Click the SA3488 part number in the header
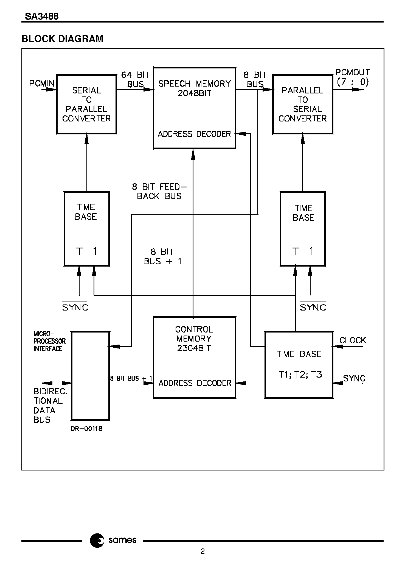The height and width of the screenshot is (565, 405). [x=42, y=17]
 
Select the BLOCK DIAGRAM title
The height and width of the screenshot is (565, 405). [x=63, y=39]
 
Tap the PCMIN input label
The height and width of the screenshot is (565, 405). [x=42, y=83]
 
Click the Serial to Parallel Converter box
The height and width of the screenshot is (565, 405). [x=86, y=104]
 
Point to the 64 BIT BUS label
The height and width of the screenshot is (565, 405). [x=135, y=79]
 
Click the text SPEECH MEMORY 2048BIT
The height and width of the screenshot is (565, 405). [x=195, y=88]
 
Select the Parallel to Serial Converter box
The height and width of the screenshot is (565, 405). [x=302, y=104]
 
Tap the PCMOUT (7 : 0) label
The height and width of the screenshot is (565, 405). [x=353, y=77]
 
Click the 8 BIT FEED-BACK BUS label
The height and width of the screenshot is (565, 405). [x=159, y=191]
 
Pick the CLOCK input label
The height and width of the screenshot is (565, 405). [x=353, y=340]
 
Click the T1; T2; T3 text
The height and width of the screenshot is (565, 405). [x=300, y=375]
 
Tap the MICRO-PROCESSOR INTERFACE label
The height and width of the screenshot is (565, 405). [x=49, y=341]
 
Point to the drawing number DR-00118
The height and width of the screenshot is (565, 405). [x=87, y=429]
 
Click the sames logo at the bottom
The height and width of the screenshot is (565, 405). [x=113, y=540]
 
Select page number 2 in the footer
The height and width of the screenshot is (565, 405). [x=203, y=551]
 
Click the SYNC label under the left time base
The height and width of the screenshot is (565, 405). [x=75, y=307]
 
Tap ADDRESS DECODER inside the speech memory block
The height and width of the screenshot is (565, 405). [x=194, y=134]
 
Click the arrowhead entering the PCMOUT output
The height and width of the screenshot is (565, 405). [x=358, y=89]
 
